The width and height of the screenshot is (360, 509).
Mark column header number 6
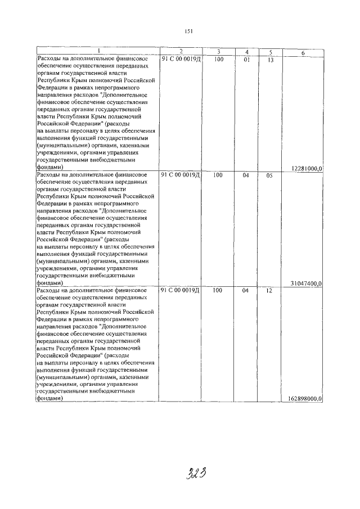tap(303, 52)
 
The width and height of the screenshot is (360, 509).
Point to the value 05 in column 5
tap(269, 175)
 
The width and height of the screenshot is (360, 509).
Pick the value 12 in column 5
tap(269, 291)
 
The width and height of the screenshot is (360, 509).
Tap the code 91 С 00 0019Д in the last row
tap(181, 291)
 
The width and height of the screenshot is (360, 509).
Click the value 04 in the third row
tap(246, 291)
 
